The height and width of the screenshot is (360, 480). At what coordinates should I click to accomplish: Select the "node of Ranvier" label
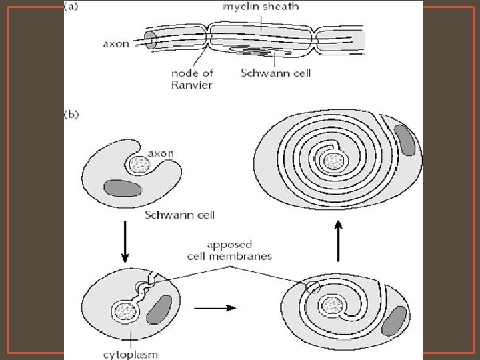point(193,79)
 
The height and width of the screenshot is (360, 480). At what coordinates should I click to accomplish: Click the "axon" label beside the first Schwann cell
point(160,153)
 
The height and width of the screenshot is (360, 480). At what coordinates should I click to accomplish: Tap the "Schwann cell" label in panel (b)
point(179,215)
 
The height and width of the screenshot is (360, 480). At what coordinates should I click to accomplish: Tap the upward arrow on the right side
point(339,243)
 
